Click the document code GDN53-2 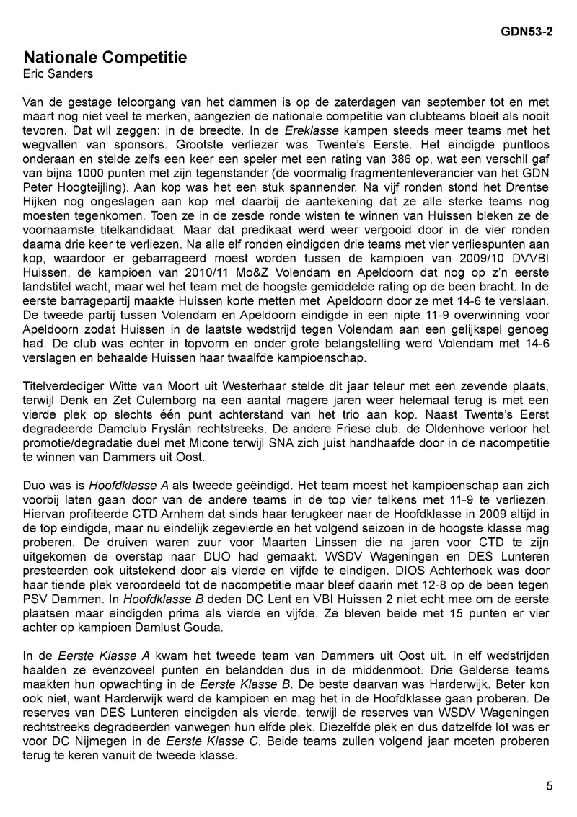tap(527, 32)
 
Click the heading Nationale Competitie tap(105, 58)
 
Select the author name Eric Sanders tap(58, 73)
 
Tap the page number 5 tap(550, 787)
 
